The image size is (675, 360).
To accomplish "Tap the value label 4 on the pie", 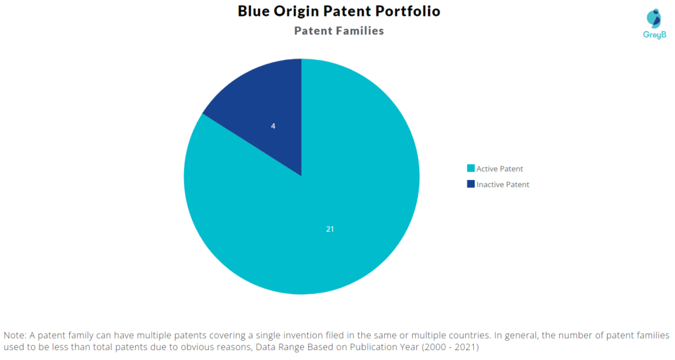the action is (x=273, y=126).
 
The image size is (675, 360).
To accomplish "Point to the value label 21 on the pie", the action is (x=330, y=229).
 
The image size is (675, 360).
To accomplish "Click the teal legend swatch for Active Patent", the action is (x=471, y=168).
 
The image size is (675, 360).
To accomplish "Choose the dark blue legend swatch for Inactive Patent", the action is (x=471, y=184).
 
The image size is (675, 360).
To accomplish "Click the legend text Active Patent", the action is (x=500, y=169).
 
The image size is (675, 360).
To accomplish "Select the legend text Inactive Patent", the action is (x=503, y=185).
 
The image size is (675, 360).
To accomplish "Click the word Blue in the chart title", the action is (x=254, y=11).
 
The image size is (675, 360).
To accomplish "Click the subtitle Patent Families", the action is (x=339, y=30).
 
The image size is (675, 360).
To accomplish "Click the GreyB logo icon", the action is (x=654, y=18).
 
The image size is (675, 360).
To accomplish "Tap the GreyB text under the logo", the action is (x=655, y=35).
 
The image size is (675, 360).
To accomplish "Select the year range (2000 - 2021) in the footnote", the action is (x=450, y=347).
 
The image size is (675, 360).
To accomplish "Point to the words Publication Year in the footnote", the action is (x=384, y=347).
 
